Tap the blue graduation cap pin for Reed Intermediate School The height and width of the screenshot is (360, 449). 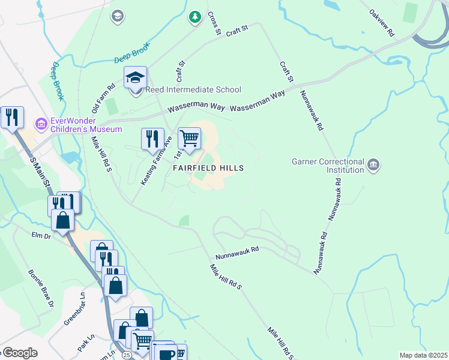[x=136, y=79]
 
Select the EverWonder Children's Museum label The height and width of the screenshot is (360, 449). [x=86, y=125]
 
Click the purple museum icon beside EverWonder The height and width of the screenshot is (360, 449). [x=41, y=125]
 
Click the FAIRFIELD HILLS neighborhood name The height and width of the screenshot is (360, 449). [x=208, y=169]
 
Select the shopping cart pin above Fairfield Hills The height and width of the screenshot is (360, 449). [x=189, y=139]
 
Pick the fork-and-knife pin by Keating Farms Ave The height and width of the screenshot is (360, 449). [x=152, y=139]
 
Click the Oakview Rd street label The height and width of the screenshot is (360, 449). [x=382, y=23]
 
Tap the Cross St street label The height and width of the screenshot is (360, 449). [x=213, y=23]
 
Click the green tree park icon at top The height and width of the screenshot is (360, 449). [x=194, y=17]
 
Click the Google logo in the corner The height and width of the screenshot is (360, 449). [x=19, y=353]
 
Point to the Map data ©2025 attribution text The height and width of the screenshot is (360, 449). [x=423, y=355]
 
